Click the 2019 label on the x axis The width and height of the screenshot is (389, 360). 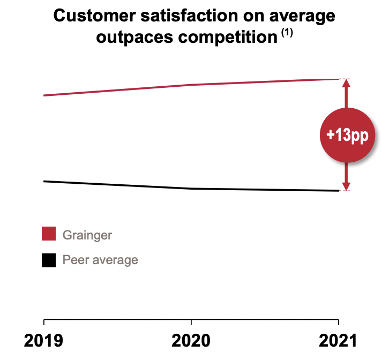point(43,341)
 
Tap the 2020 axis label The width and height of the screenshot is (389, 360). point(191,341)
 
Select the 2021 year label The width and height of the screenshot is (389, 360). point(337,341)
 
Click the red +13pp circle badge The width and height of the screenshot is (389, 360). point(346,135)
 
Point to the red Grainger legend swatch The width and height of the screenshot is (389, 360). point(49,234)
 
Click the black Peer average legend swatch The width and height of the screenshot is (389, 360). point(49,260)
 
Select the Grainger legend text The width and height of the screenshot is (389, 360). point(87,235)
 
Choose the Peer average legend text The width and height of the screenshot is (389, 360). point(100,260)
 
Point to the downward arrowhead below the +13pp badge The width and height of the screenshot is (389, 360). point(346,186)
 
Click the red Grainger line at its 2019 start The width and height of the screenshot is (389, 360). point(44,95)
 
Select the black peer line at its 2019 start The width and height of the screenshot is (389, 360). point(44,181)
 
